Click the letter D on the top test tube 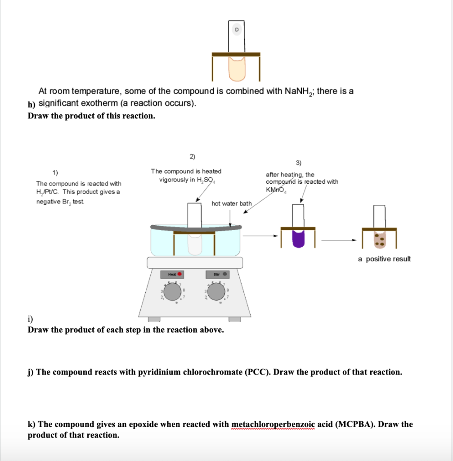[237, 29]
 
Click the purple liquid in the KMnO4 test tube [298, 238]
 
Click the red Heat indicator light [179, 274]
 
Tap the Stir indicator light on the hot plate [225, 274]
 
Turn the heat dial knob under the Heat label [172, 292]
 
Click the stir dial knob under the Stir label [218, 292]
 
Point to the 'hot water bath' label [232, 203]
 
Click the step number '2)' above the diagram [192, 157]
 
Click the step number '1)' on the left [55, 172]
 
